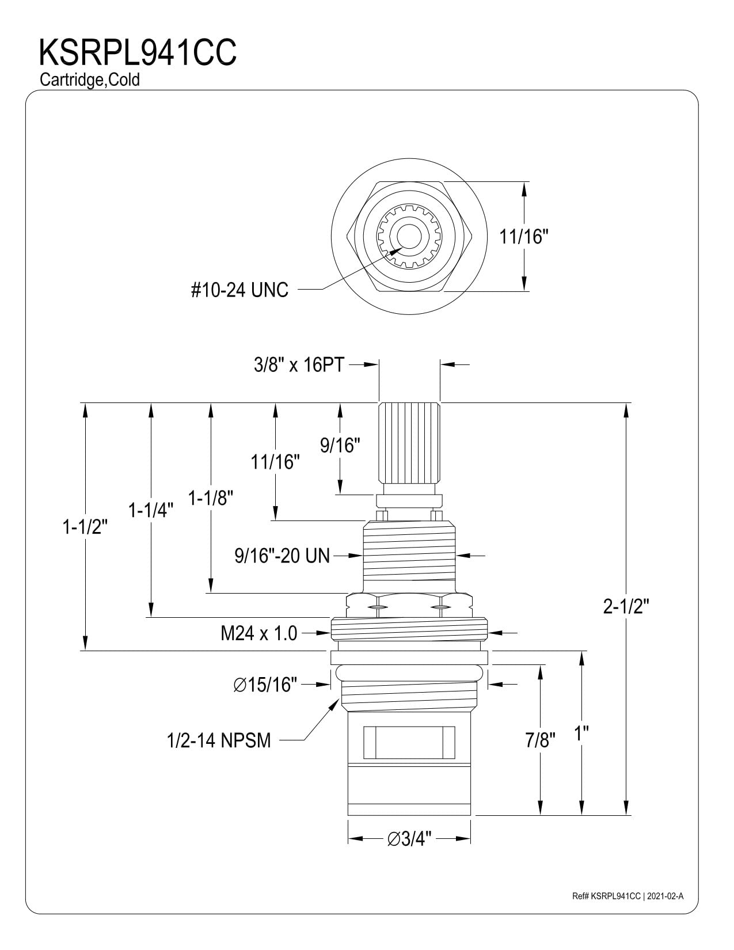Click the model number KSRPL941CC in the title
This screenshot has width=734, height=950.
[138, 52]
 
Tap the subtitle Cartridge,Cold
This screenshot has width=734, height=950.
[90, 80]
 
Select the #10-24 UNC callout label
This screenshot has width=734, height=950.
[239, 290]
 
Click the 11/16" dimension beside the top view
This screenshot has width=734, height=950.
[524, 237]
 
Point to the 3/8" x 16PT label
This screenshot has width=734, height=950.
[299, 364]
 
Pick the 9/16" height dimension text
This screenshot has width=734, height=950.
[340, 445]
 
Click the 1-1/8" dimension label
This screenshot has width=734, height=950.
[210, 497]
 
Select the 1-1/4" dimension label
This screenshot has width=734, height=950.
[150, 510]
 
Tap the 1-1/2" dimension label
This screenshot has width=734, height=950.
[85, 527]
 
